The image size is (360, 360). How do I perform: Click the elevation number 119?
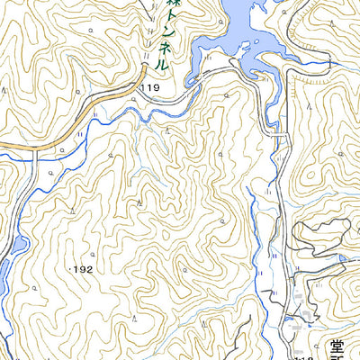[149, 87]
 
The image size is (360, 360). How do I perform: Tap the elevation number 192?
[82, 269]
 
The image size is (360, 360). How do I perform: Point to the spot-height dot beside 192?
[69, 268]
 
